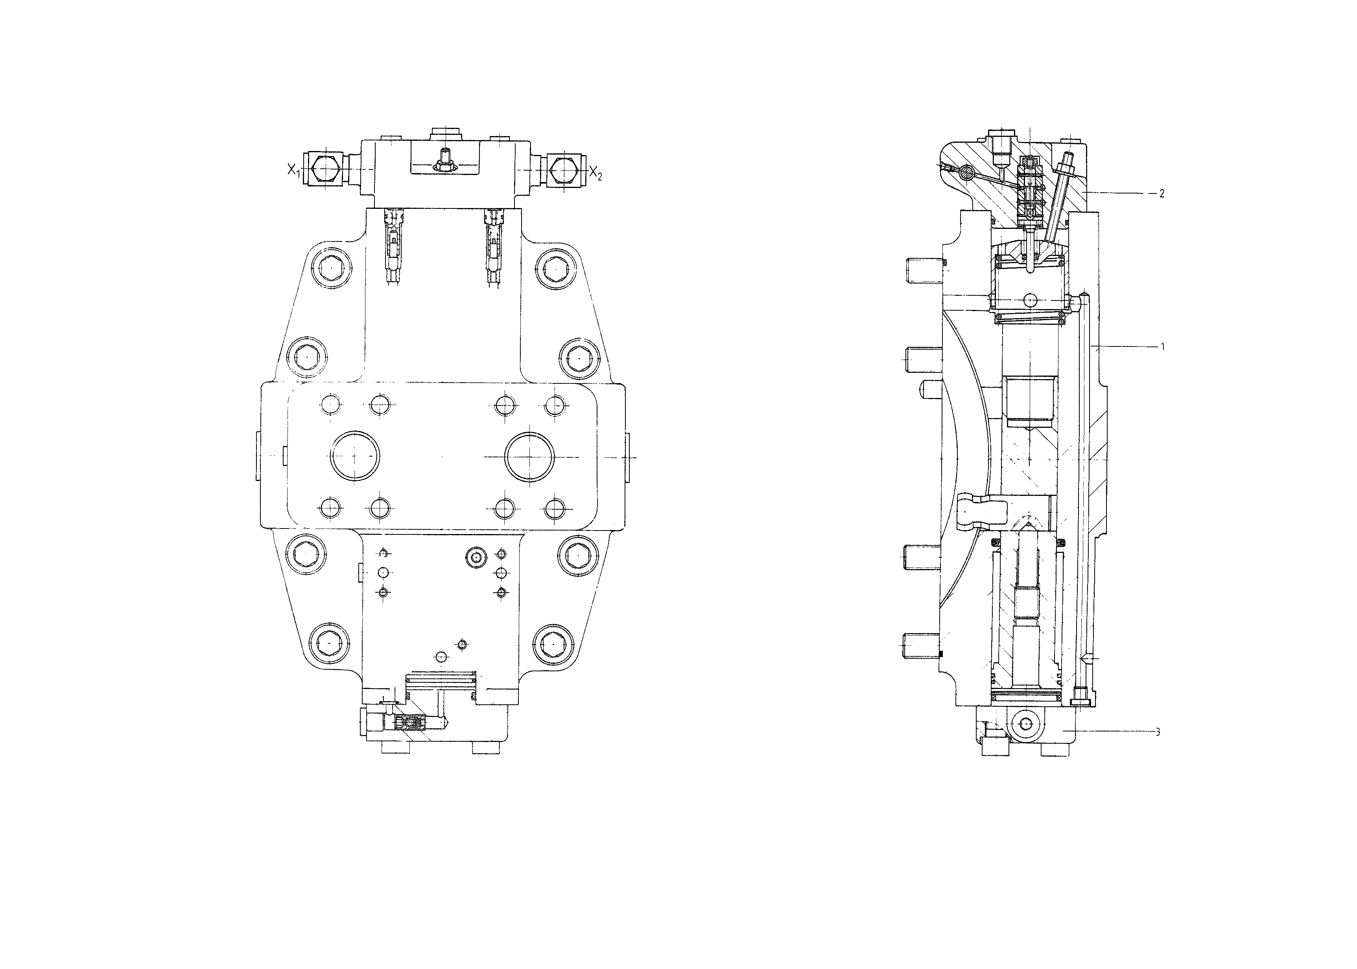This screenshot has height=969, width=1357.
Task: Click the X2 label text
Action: click(596, 173)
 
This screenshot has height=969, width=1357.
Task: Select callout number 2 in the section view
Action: click(1161, 194)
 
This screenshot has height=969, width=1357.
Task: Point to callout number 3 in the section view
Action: click(1158, 733)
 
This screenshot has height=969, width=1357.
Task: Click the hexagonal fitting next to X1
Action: click(325, 170)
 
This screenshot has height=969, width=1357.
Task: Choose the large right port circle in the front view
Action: click(529, 457)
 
